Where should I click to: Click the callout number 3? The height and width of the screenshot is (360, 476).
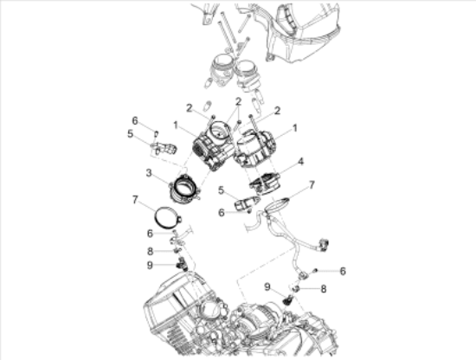[x=150, y=174]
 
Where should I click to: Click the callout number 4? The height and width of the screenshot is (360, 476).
[x=299, y=161]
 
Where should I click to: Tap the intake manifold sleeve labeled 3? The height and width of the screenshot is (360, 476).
[x=183, y=189]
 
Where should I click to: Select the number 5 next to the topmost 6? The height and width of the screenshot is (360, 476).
[x=130, y=134]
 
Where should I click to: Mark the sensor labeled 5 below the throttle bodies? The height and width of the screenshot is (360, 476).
[x=245, y=202]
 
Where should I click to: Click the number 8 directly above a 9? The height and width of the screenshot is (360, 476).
[x=150, y=251]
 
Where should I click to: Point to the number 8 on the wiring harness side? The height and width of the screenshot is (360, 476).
[x=323, y=290]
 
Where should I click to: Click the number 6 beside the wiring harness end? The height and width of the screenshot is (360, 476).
[x=343, y=271]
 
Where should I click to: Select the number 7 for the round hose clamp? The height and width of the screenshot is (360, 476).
[x=134, y=200]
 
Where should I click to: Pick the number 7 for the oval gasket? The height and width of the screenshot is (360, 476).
[x=312, y=185]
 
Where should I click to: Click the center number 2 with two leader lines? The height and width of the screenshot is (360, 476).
[x=235, y=102]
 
